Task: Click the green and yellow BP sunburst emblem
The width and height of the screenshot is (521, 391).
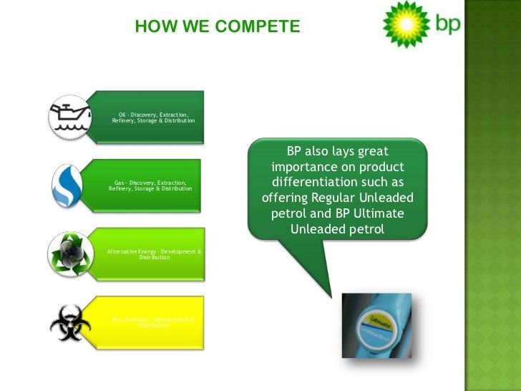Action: click(x=406, y=24)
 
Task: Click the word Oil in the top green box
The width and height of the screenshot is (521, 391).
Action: click(x=122, y=114)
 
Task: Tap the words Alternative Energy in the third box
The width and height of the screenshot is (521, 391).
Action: click(x=132, y=251)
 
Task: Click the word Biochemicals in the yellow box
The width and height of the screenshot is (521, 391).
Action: click(x=130, y=319)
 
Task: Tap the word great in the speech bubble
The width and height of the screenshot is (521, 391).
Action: click(x=372, y=151)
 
